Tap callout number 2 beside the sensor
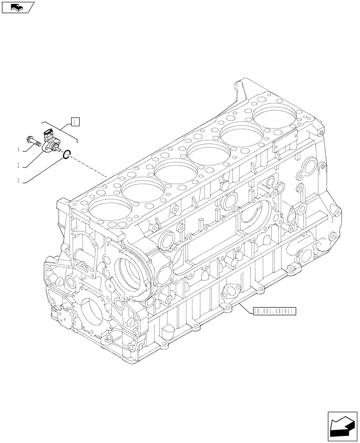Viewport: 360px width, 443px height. coord(19,165)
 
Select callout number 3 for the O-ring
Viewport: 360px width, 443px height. coord(19,180)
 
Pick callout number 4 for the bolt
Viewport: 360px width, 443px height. coord(19,150)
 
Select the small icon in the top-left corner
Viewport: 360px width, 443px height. coord(18,7)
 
